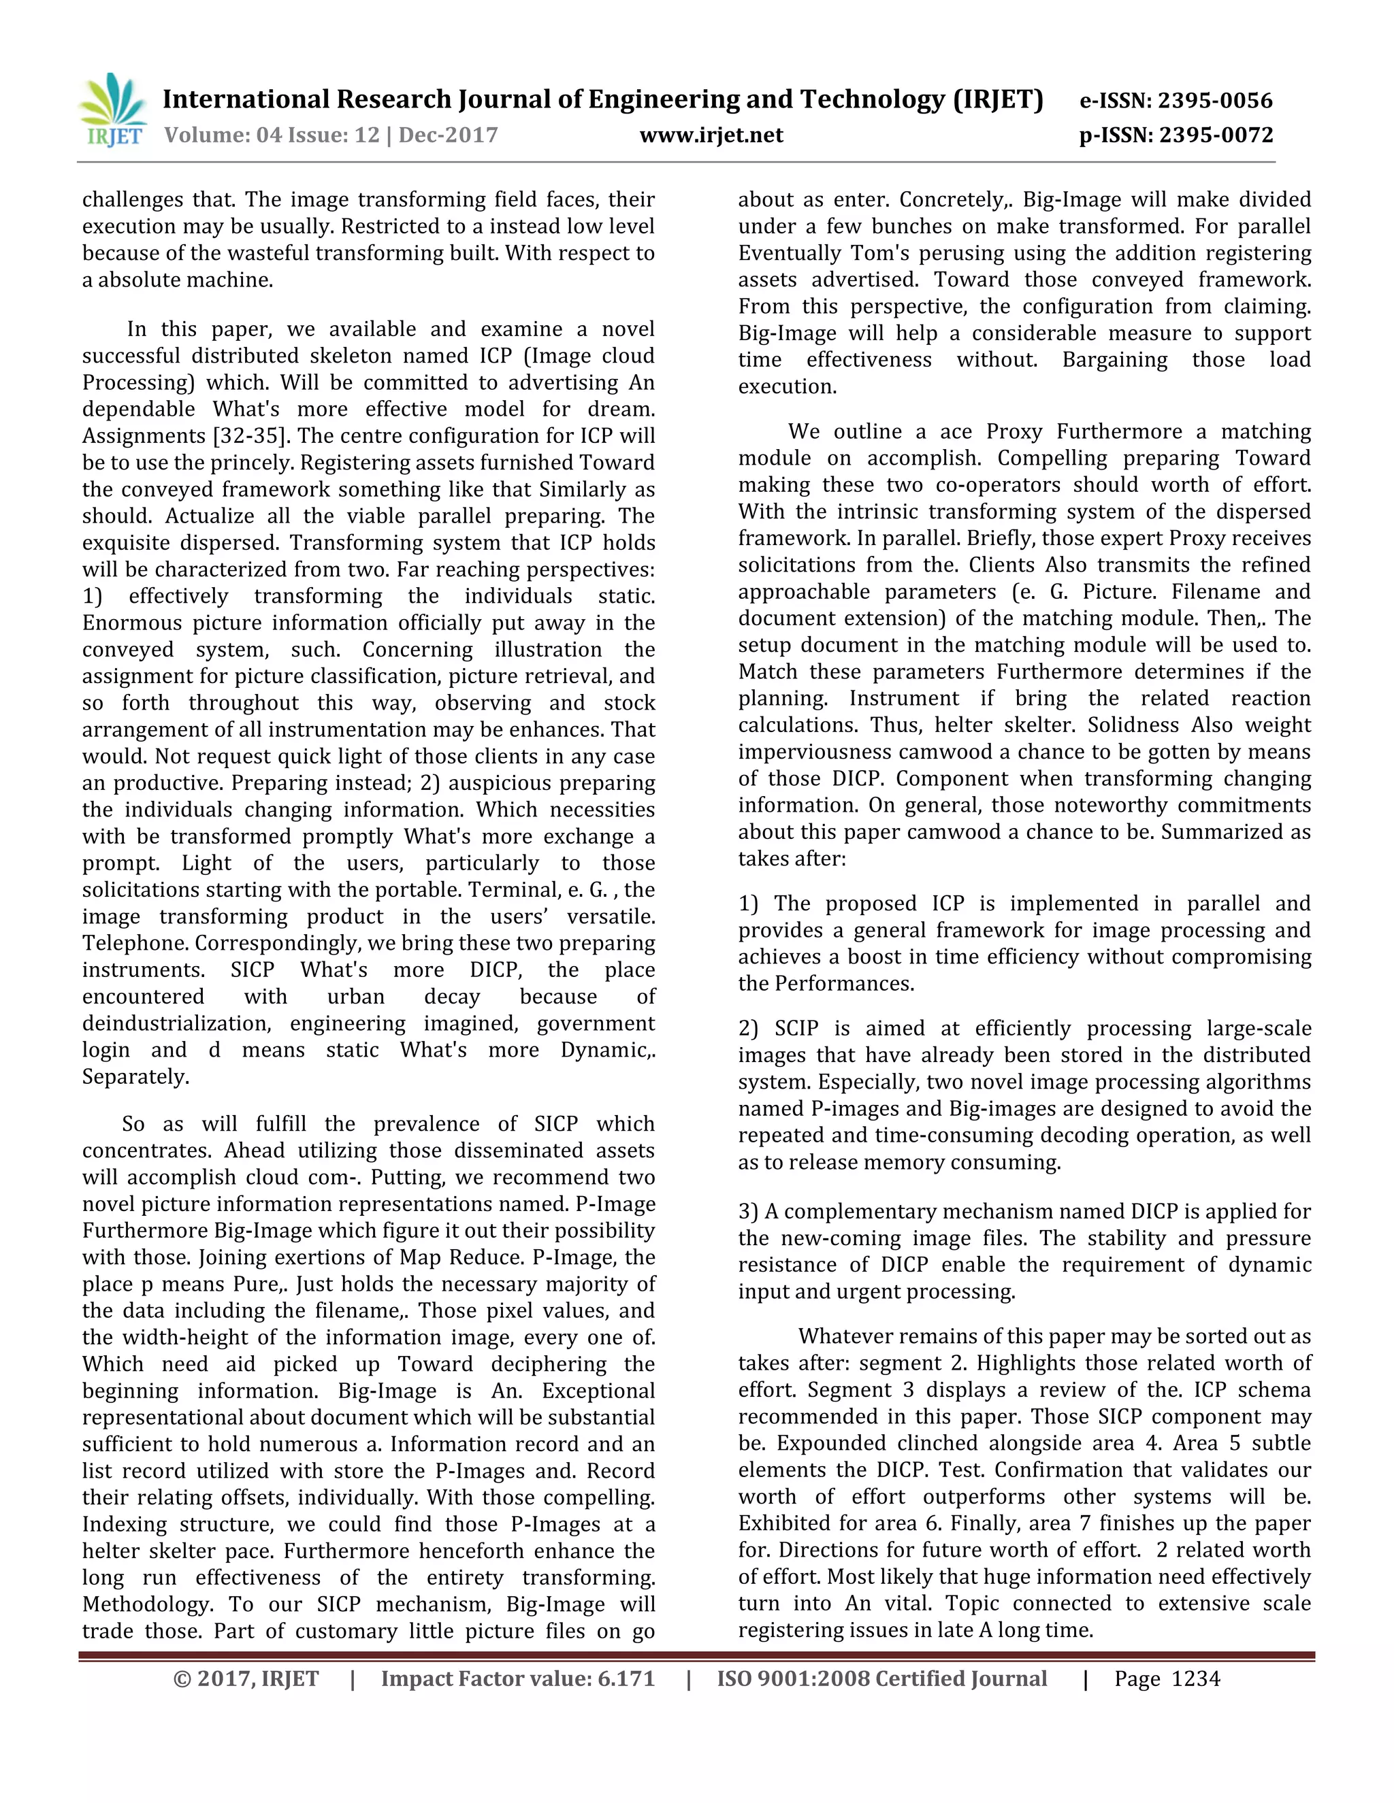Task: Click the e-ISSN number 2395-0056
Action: pos(1215,101)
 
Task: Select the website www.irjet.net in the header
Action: pos(711,135)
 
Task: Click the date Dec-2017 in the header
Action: pos(449,135)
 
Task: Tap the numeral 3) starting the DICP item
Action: pos(748,1212)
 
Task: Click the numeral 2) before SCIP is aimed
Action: pos(748,1029)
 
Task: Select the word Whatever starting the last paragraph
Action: pos(845,1336)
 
